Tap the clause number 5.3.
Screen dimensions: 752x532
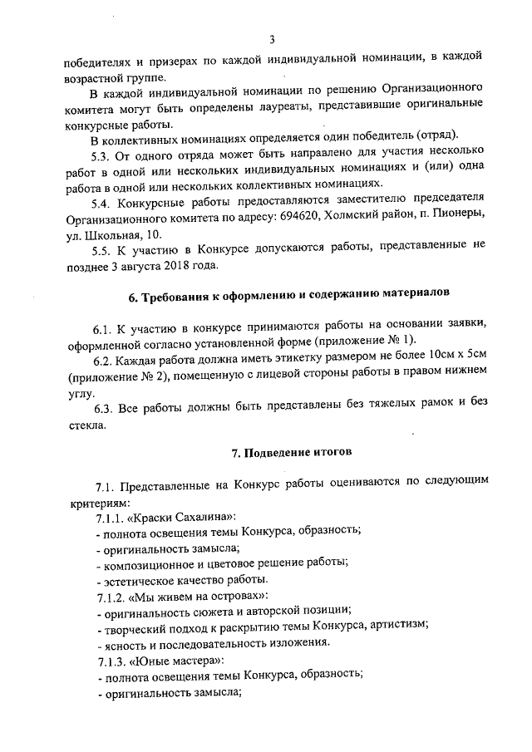click(102, 155)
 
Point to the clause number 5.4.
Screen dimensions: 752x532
click(102, 203)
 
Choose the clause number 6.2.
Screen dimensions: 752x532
click(104, 361)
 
